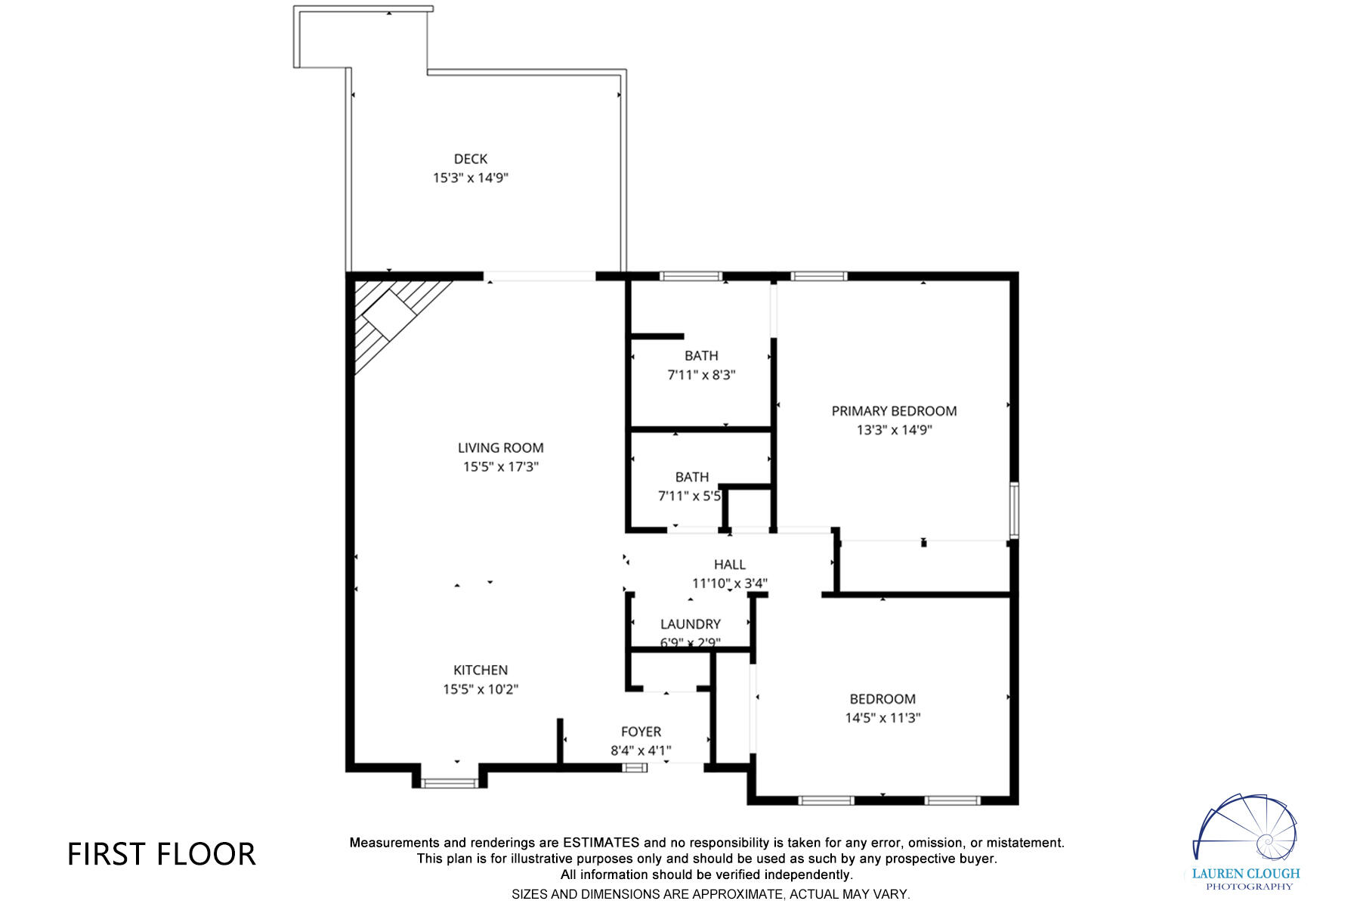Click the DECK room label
click(470, 159)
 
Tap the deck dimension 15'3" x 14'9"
click(470, 178)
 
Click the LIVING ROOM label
click(500, 447)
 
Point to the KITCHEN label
click(481, 670)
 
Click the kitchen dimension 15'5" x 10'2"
click(481, 689)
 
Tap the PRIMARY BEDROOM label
click(894, 411)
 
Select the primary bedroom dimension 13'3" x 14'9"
click(894, 430)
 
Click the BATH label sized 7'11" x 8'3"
click(701, 355)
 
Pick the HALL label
click(729, 565)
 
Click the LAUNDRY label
click(690, 624)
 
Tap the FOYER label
click(641, 732)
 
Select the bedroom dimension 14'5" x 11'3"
click(882, 718)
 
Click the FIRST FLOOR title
click(162, 854)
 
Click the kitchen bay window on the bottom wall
click(450, 783)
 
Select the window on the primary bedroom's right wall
click(1014, 509)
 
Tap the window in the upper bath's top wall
click(691, 277)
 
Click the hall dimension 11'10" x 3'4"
click(729, 584)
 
